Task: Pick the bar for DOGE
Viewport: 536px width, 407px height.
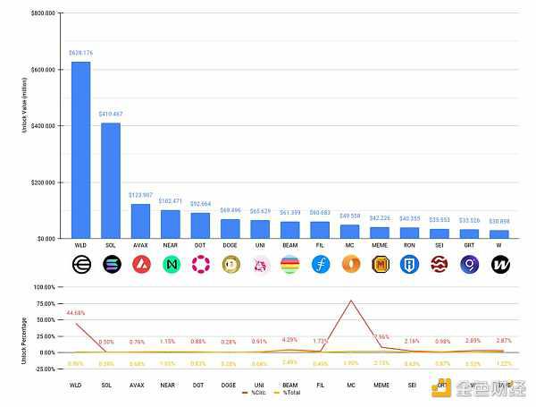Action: pyautogui.click(x=230, y=229)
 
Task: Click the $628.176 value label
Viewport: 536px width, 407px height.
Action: pyautogui.click(x=80, y=54)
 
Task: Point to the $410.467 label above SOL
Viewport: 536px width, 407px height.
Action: pyautogui.click(x=111, y=114)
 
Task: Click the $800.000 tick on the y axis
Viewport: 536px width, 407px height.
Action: pyautogui.click(x=43, y=14)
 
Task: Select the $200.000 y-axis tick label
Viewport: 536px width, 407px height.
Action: pyautogui.click(x=43, y=182)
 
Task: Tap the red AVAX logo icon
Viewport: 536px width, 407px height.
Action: pyautogui.click(x=140, y=265)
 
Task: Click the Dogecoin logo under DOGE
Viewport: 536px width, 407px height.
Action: pyautogui.click(x=230, y=265)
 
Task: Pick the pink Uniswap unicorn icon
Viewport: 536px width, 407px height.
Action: pyautogui.click(x=260, y=265)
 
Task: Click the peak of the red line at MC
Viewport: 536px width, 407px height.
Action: pyautogui.click(x=350, y=301)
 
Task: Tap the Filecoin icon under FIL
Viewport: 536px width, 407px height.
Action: pyautogui.click(x=321, y=265)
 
